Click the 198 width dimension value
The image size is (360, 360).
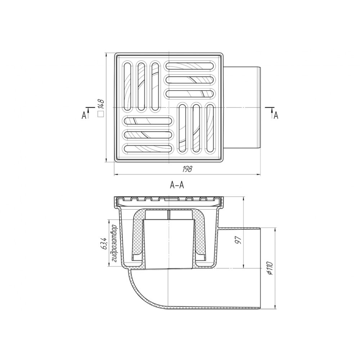pyautogui.click(x=187, y=169)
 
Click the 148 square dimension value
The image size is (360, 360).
pyautogui.click(x=101, y=104)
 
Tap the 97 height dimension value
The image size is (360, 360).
pyautogui.click(x=239, y=240)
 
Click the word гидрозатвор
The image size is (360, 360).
pyautogui.click(x=114, y=244)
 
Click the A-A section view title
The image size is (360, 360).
pyautogui.click(x=177, y=185)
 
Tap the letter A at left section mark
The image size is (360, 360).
pyautogui.click(x=84, y=115)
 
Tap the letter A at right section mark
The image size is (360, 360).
pyautogui.click(x=276, y=115)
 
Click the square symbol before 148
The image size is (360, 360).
pyautogui.click(x=101, y=114)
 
